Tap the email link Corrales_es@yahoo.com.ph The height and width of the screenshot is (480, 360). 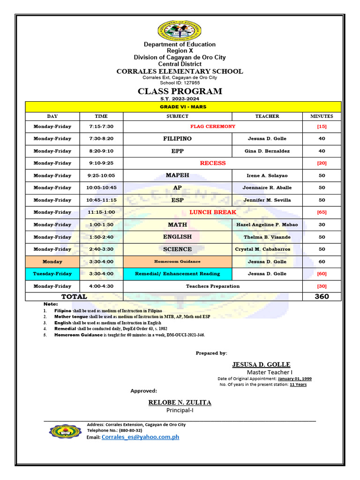pos(140,437)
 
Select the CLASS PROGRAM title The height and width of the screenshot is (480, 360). pos(180,91)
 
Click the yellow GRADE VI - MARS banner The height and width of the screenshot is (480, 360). pos(183,107)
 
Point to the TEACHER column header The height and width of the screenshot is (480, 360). pos(267,116)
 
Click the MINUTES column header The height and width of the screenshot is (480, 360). pos(322,116)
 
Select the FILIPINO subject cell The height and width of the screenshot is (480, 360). pos(177,139)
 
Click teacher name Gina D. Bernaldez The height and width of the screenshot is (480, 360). pos(267,151)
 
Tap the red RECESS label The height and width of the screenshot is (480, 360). pos(212,163)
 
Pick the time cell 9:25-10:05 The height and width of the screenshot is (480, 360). pos(101,175)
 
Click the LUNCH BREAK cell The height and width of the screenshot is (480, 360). pos(212,212)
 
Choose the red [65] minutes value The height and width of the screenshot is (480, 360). pos(322,212)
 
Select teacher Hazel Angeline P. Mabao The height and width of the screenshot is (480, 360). pos(267,225)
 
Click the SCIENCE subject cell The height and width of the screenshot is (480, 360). pos(177,249)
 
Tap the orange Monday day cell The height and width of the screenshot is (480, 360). pos(52,262)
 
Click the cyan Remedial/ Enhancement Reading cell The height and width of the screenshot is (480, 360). pos(177,274)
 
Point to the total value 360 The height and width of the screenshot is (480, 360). pos(322,296)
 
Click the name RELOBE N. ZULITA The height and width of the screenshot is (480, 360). pos(180,403)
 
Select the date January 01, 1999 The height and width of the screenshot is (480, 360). pos(294,379)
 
